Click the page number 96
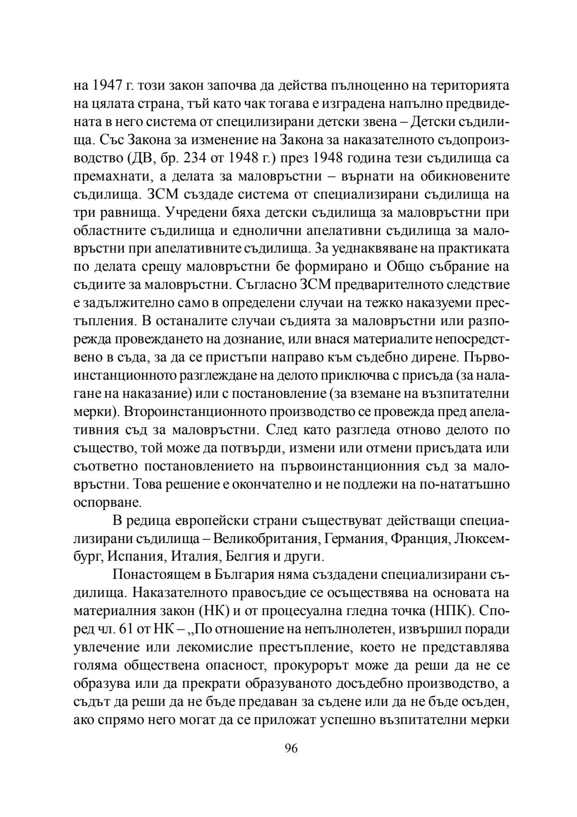[x=291, y=748]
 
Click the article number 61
[x=126, y=629]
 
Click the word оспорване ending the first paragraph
[x=99, y=502]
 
